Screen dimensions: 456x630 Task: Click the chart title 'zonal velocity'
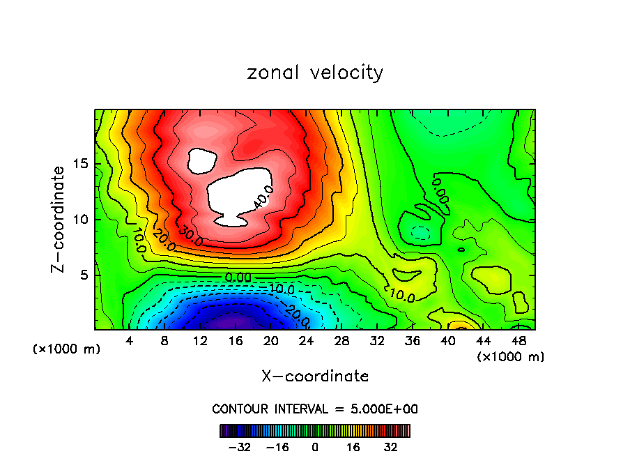point(315,73)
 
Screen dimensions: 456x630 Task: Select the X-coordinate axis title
point(315,377)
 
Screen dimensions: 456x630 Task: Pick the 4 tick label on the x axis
point(129,341)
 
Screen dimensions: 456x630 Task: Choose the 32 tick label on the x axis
point(378,341)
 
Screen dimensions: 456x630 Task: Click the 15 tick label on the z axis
point(81,165)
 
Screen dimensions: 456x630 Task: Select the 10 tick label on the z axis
point(81,220)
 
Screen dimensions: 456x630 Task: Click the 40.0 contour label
point(263,197)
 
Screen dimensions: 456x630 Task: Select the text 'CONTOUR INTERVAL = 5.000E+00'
point(315,409)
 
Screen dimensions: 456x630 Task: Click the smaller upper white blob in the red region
point(203,162)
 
